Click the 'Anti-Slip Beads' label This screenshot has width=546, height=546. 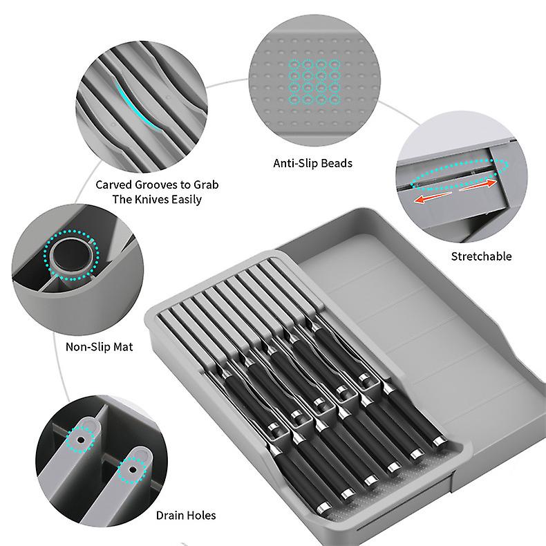[x=312, y=164]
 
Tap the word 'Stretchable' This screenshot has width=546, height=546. [x=481, y=256]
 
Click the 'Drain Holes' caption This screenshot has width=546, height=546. [x=185, y=516]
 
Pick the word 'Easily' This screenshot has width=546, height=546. [x=185, y=200]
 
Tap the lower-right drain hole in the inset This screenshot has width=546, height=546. [x=128, y=470]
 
